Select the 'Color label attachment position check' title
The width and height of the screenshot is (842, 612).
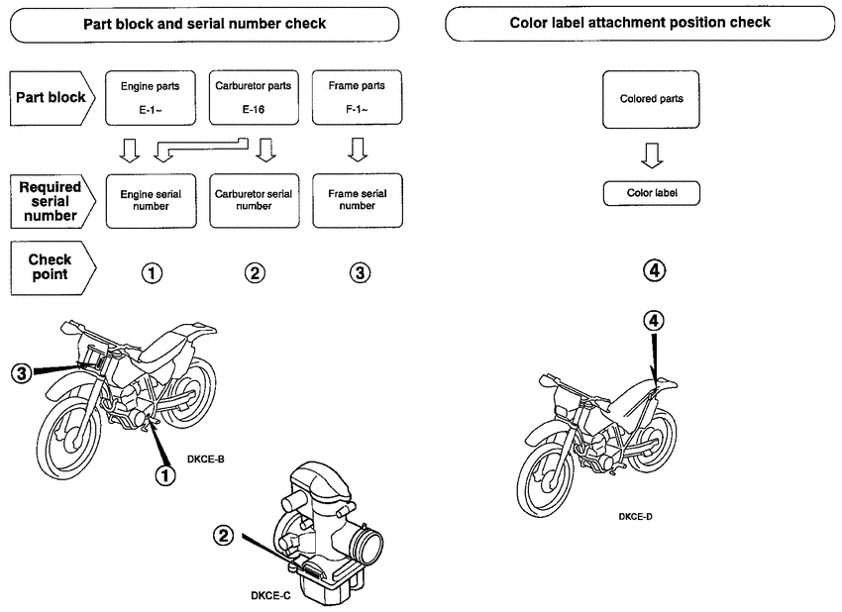point(640,23)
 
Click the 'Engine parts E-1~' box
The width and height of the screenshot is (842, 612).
point(150,99)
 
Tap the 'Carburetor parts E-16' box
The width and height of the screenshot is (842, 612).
point(253,99)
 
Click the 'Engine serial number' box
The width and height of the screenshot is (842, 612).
point(150,201)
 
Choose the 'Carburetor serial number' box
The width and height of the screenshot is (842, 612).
point(253,201)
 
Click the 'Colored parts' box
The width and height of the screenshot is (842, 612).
point(651,99)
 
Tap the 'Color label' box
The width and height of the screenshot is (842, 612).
point(651,193)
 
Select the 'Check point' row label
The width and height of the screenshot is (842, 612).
point(51,266)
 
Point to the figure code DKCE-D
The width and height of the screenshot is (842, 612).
point(635,516)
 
